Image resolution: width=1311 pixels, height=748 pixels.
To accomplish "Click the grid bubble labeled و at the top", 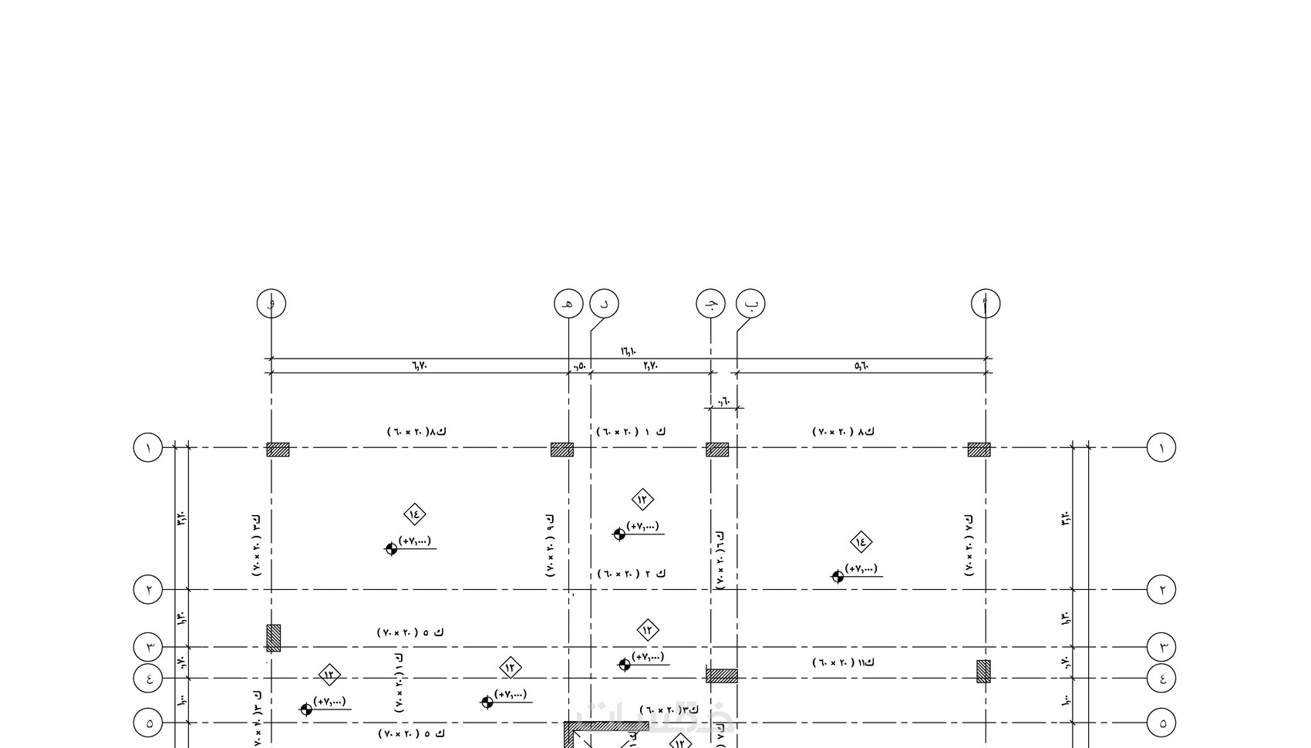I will pyautogui.click(x=271, y=303).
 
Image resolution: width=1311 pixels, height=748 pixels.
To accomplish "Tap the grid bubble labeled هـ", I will pyautogui.click(x=569, y=303).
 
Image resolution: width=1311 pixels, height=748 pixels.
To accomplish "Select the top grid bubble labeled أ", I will pyautogui.click(x=986, y=303).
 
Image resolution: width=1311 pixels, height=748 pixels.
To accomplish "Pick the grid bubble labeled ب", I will pyautogui.click(x=750, y=303).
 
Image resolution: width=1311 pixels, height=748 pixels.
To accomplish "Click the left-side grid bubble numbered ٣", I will pyautogui.click(x=149, y=646).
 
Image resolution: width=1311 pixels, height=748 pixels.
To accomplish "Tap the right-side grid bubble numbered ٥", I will pyautogui.click(x=1161, y=723).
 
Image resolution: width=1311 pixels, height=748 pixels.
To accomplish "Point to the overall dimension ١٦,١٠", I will pyautogui.click(x=629, y=352).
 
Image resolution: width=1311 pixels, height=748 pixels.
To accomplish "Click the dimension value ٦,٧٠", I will pyautogui.click(x=419, y=366).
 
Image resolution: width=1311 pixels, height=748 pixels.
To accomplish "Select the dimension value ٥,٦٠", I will pyautogui.click(x=861, y=366).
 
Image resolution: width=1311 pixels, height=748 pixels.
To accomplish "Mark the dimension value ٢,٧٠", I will pyautogui.click(x=650, y=366).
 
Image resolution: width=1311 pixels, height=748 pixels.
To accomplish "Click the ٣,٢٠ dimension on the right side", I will pyautogui.click(x=1066, y=518).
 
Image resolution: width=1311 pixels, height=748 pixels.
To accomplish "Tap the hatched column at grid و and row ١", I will pyautogui.click(x=278, y=450).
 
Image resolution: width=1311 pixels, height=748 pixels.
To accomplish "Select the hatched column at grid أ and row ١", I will pyautogui.click(x=979, y=450).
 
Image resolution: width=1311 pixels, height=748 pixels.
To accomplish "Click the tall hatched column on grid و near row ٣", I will pyautogui.click(x=274, y=638).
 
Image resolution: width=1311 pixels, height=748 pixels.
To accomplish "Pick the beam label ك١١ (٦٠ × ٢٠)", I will pyautogui.click(x=844, y=662).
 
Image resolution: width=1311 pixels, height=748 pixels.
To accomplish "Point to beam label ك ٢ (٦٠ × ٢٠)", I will pyautogui.click(x=632, y=574).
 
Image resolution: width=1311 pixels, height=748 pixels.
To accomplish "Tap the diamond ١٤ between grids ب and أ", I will pyautogui.click(x=861, y=541).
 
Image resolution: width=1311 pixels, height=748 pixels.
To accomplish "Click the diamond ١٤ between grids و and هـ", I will pyautogui.click(x=415, y=514).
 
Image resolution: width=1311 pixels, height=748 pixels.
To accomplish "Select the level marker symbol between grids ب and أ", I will pyautogui.click(x=837, y=576).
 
